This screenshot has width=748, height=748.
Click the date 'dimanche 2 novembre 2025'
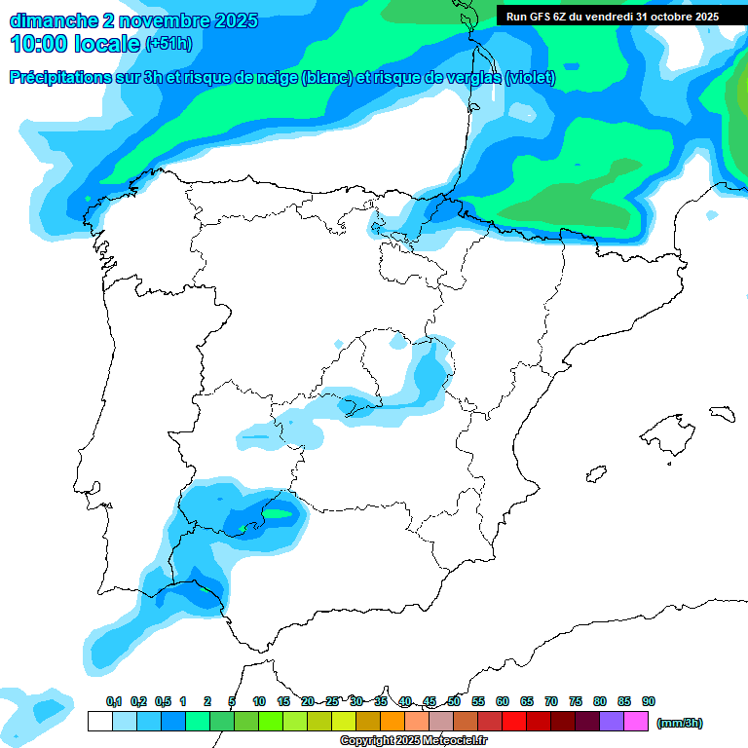[133, 20]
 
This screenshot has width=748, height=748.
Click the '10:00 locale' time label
[74, 44]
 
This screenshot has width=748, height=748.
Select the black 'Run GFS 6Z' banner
[612, 16]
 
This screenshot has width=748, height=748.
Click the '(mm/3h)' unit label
[679, 723]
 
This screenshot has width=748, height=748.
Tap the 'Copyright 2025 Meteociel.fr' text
[413, 741]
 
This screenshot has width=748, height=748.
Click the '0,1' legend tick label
[113, 701]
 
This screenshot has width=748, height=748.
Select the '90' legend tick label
[649, 701]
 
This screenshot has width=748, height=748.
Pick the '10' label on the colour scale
[259, 701]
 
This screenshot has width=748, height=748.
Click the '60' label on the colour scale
[503, 701]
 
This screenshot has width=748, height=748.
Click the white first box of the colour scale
[99, 721]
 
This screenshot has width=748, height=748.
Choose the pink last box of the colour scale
[636, 721]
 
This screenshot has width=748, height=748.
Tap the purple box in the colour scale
[612, 721]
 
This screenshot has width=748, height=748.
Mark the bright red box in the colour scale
[514, 721]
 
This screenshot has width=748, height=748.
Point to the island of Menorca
[722, 414]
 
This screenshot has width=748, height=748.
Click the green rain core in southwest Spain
[278, 513]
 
